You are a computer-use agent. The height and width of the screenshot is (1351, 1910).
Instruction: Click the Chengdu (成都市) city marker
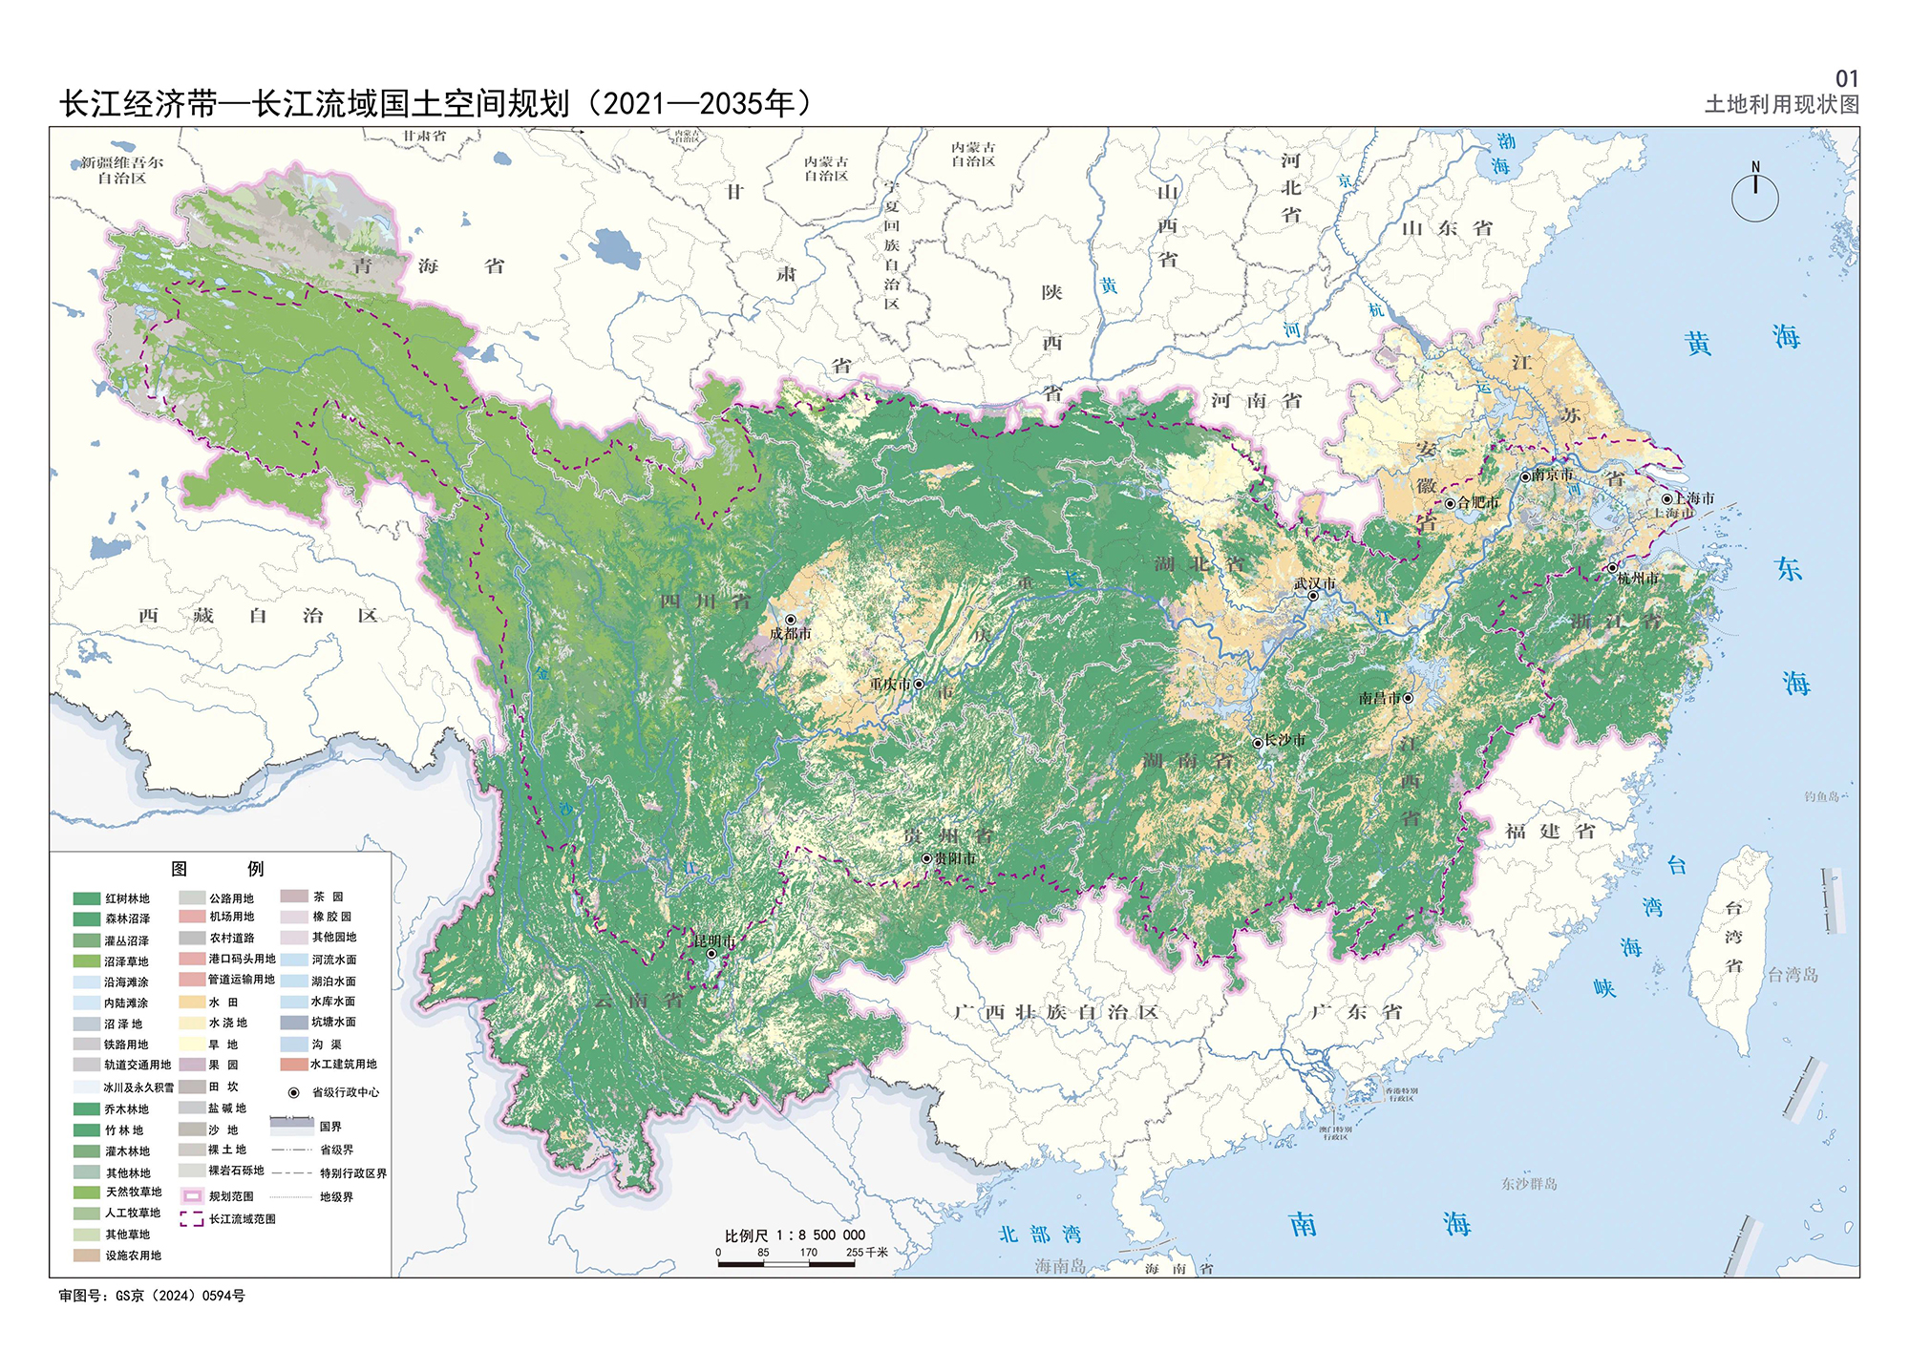click(791, 620)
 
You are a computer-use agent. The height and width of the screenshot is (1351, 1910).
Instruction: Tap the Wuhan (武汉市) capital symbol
click(1313, 596)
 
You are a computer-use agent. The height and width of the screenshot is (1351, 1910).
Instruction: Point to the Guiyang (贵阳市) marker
click(926, 858)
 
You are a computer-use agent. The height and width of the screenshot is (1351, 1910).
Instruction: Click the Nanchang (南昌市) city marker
click(1408, 698)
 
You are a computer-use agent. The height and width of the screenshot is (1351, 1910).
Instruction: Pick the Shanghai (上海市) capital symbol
click(1666, 498)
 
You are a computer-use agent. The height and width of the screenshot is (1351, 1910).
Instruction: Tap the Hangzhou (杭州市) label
click(1639, 579)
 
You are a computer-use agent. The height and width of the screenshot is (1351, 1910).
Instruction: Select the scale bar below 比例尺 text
click(786, 1264)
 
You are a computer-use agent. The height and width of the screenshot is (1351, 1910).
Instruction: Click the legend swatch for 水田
click(192, 1003)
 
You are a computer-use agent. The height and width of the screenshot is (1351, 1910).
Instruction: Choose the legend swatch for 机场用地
click(192, 917)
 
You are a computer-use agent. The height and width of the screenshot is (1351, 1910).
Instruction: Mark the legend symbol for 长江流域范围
click(192, 1219)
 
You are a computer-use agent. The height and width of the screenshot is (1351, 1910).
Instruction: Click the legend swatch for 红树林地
click(87, 898)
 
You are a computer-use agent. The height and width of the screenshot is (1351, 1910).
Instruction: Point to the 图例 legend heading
click(218, 869)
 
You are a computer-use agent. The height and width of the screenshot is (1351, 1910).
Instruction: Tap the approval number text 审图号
click(152, 1296)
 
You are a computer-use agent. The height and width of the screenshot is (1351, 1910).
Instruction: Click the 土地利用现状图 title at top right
click(1782, 104)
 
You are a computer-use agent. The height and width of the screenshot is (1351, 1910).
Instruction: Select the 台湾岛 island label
click(1793, 975)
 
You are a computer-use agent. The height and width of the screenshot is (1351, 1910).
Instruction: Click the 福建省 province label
click(1550, 832)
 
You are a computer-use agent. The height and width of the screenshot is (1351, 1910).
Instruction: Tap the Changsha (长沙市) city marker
click(1258, 743)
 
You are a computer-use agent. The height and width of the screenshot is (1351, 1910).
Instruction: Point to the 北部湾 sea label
click(1040, 1234)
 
